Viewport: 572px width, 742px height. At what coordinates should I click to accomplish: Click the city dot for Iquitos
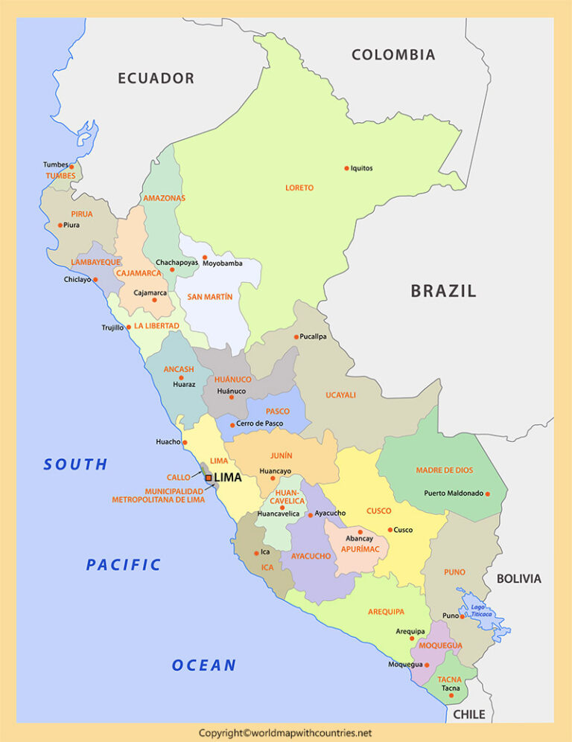coord(346,168)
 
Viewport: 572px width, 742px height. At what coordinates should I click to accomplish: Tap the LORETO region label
coord(299,188)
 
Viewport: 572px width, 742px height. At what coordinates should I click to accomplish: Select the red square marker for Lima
coord(209,478)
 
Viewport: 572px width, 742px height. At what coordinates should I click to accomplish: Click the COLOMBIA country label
coord(393,54)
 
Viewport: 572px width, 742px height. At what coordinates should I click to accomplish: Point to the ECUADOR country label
coord(156,78)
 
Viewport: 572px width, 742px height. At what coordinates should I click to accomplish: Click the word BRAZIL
coord(443,291)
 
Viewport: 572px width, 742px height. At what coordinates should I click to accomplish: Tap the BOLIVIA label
coord(519,578)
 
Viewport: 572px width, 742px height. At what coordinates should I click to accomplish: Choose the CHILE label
coord(468,714)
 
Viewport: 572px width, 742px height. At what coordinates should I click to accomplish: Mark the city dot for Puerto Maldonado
coord(488,493)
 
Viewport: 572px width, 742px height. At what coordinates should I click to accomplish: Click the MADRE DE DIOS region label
coord(444,470)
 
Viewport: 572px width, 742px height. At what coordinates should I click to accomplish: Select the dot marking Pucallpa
coord(296,337)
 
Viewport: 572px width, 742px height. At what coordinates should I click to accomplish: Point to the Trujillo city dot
coord(128,327)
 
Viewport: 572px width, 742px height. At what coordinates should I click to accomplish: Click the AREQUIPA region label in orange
coord(386,612)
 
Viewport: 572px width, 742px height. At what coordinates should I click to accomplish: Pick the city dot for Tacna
coord(451,696)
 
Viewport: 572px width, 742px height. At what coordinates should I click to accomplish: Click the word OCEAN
coord(203,665)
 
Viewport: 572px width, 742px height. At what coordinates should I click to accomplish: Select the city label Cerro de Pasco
coord(260,424)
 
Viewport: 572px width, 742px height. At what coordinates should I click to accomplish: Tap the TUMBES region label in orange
coord(60,176)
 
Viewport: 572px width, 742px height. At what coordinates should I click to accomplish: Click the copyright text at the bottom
coord(285,733)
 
